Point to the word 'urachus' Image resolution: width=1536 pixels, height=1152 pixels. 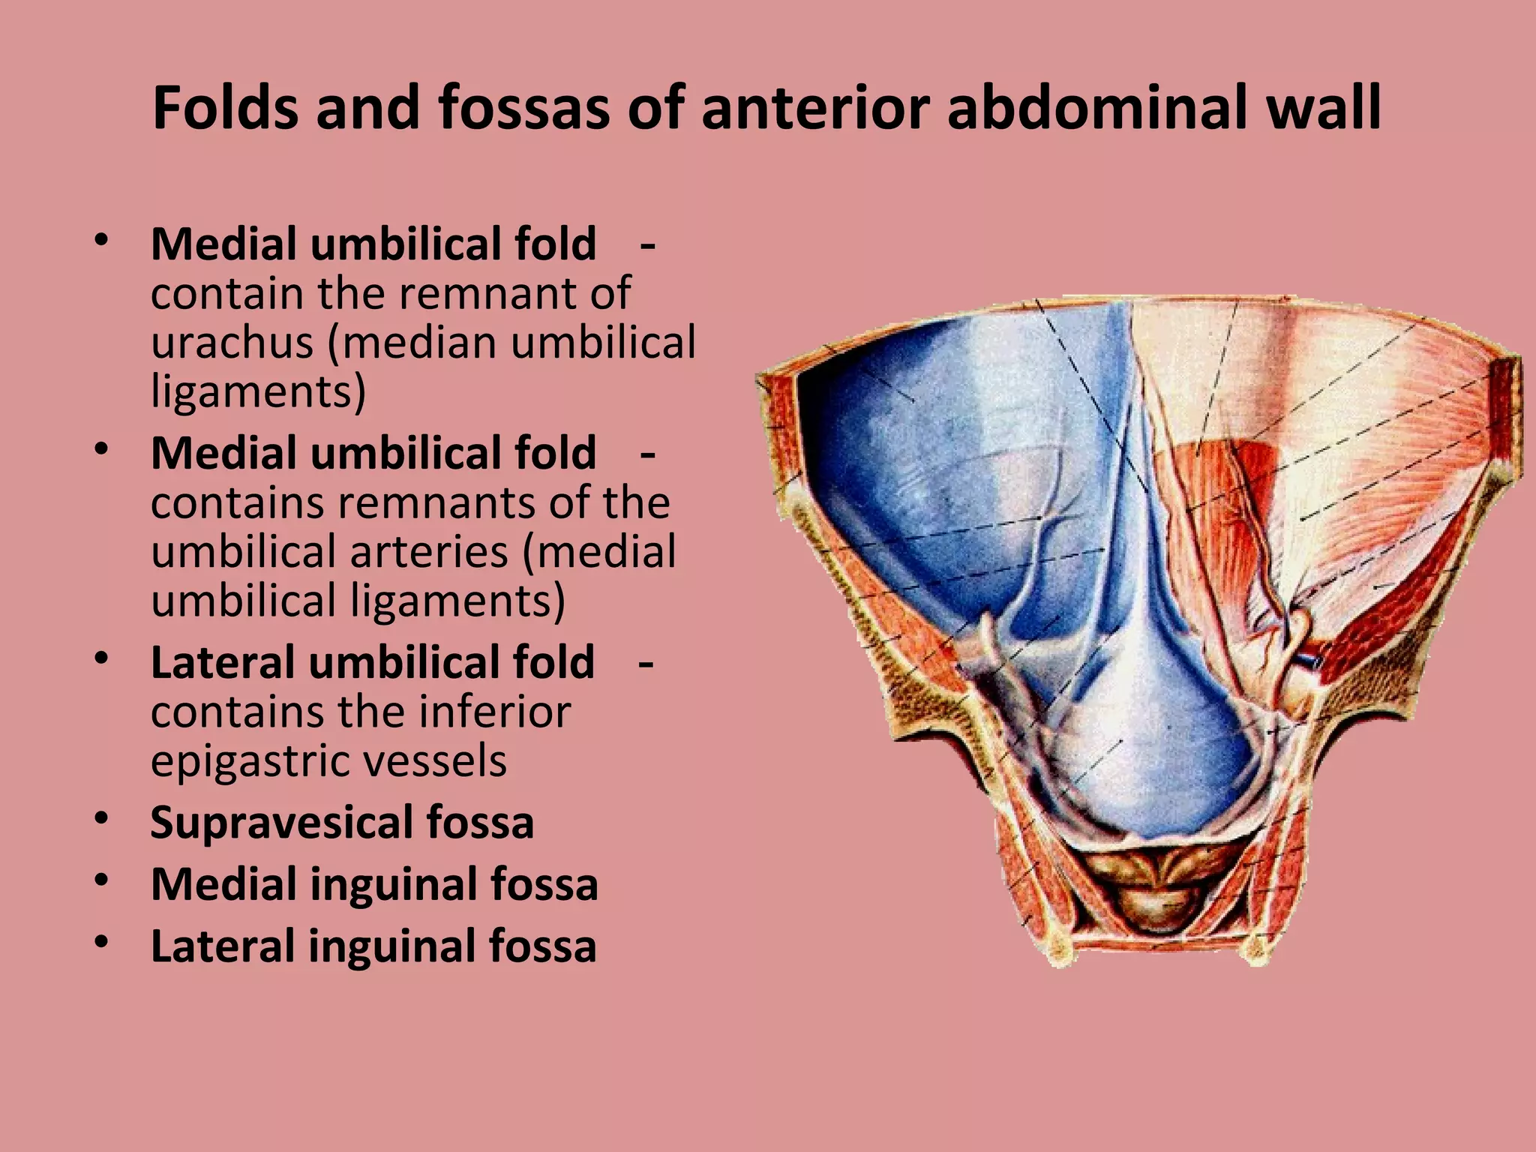[232, 342]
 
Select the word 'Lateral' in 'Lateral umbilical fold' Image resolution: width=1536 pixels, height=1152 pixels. [222, 662]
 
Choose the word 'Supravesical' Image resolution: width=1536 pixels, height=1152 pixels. [281, 823]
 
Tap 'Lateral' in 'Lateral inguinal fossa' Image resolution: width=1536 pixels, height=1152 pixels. [222, 946]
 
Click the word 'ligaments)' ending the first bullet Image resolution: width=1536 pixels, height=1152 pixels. [258, 391]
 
